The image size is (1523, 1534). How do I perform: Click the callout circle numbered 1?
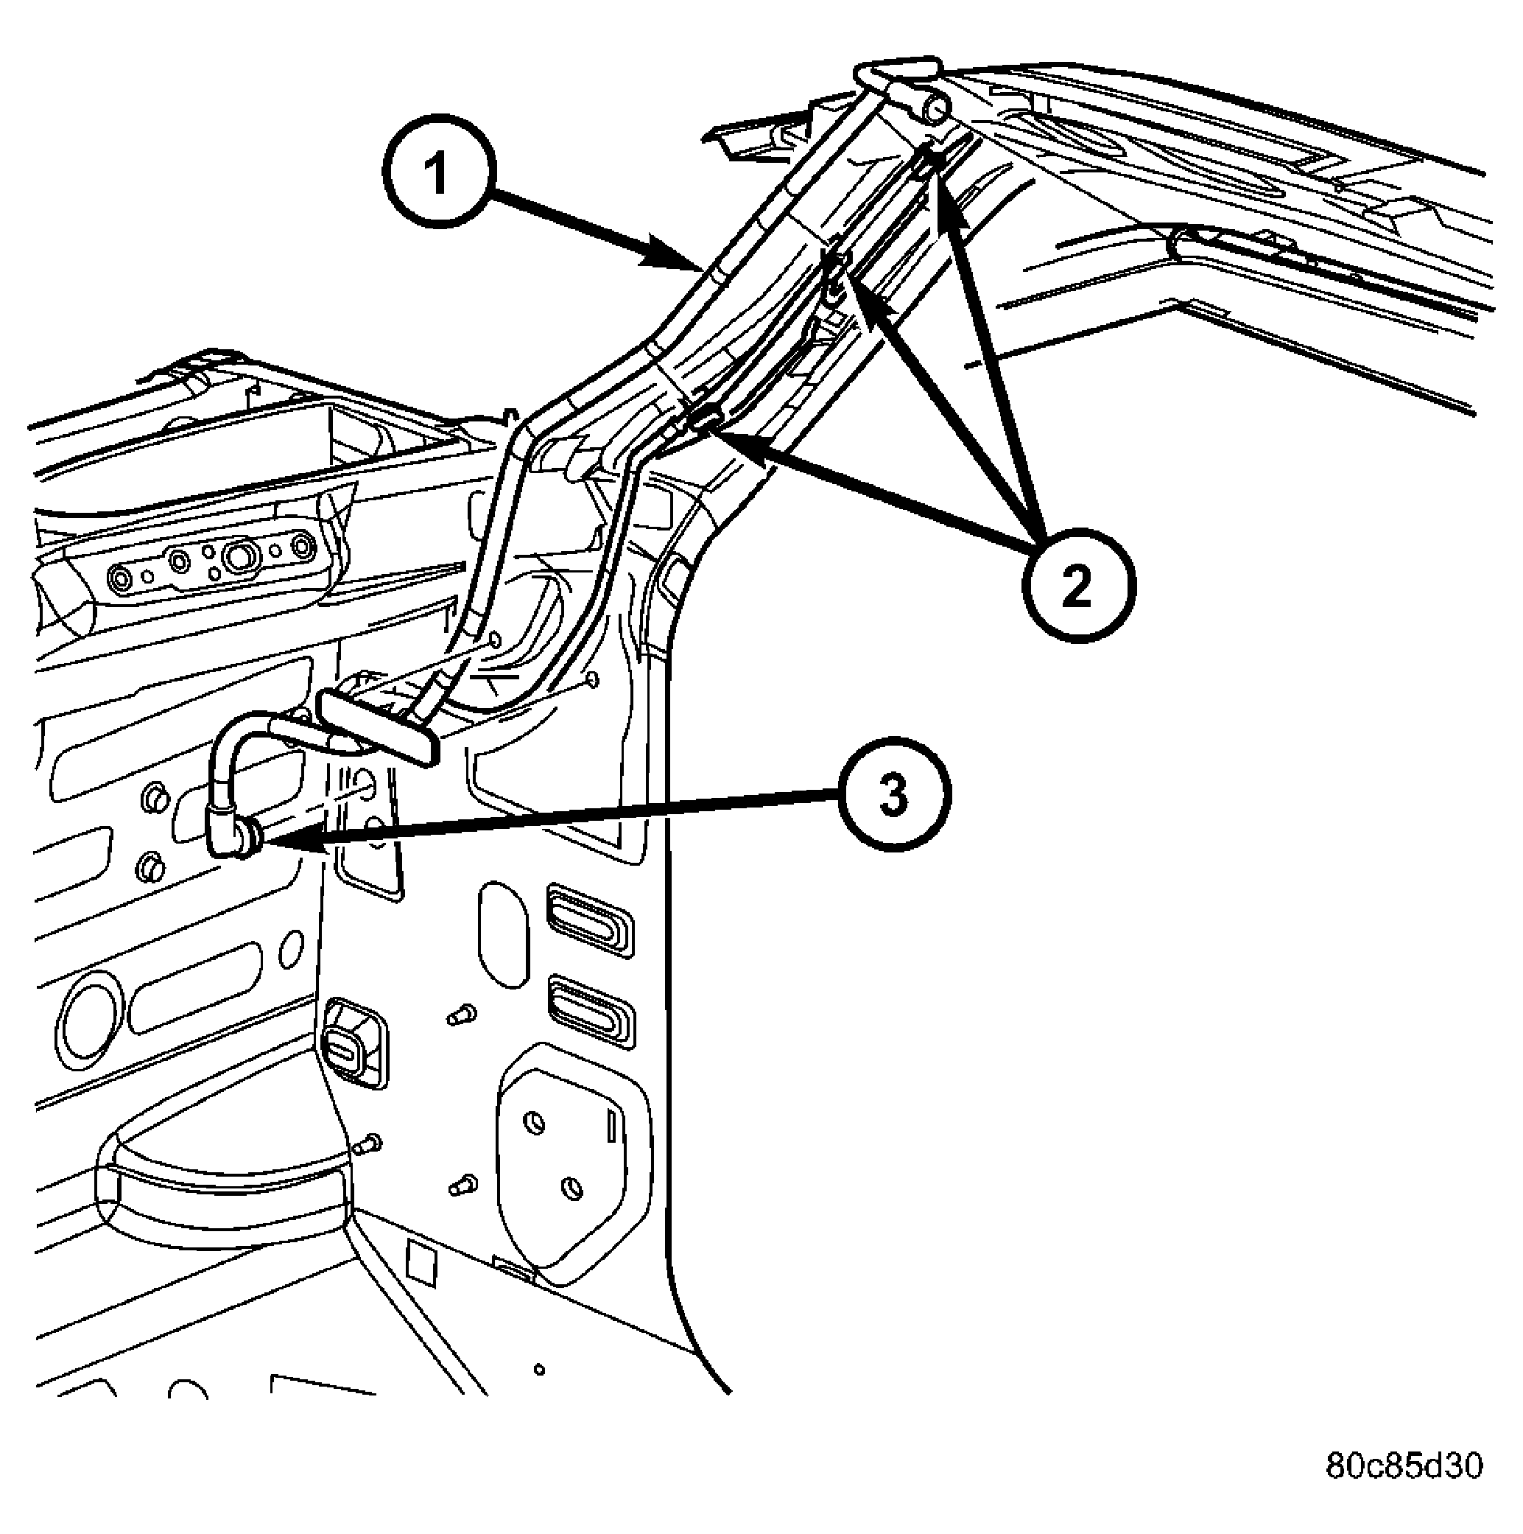(439, 172)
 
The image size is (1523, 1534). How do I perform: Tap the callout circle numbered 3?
(893, 794)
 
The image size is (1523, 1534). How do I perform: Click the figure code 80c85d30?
(1404, 1466)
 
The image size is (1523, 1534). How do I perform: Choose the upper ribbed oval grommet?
(589, 920)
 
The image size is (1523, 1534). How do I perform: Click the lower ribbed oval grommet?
(591, 1012)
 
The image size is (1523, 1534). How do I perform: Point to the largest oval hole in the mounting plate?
(238, 555)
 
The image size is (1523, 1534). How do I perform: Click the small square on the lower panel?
(421, 1266)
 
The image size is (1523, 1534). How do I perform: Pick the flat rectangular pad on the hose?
(378, 726)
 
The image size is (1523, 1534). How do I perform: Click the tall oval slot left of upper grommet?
(503, 934)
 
